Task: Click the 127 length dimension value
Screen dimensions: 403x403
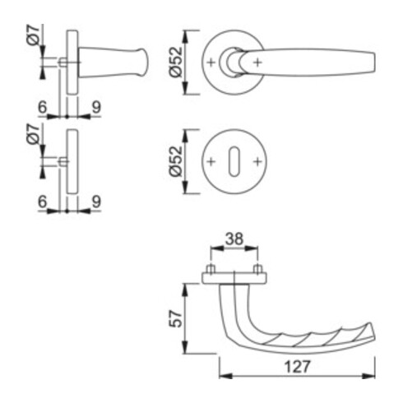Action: click(x=297, y=367)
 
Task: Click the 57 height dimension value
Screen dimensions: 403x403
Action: click(x=175, y=319)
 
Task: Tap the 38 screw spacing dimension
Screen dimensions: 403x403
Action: click(x=234, y=239)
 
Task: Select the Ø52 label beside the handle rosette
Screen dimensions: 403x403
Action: click(x=175, y=63)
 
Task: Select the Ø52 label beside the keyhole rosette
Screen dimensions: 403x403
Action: click(x=175, y=161)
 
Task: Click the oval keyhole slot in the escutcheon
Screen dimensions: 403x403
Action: click(x=234, y=161)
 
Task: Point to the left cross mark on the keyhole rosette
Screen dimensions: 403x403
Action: click(x=211, y=162)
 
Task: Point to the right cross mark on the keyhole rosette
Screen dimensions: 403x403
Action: click(x=257, y=162)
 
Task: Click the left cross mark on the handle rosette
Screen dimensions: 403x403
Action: click(x=211, y=63)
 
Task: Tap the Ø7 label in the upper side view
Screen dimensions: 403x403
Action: click(x=33, y=35)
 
